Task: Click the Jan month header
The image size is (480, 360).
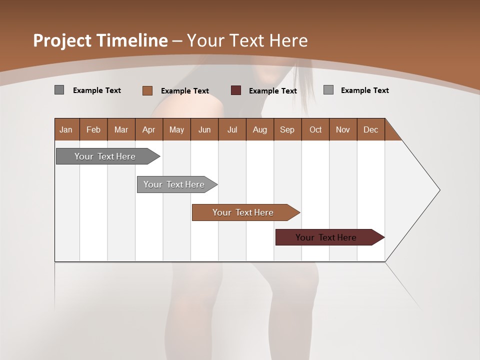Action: click(66, 129)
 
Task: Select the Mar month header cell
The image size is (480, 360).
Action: click(121, 129)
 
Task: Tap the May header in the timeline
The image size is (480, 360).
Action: click(176, 129)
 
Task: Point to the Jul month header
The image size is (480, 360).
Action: click(232, 129)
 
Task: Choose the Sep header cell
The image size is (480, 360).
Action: click(287, 129)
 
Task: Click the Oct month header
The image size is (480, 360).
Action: click(315, 129)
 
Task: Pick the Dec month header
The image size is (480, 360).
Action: click(370, 129)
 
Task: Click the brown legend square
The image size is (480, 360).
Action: click(147, 90)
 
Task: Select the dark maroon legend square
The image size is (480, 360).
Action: click(236, 90)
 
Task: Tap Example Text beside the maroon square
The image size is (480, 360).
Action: click(272, 91)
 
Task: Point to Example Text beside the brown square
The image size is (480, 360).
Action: click(184, 91)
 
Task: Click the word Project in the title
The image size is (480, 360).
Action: click(62, 40)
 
